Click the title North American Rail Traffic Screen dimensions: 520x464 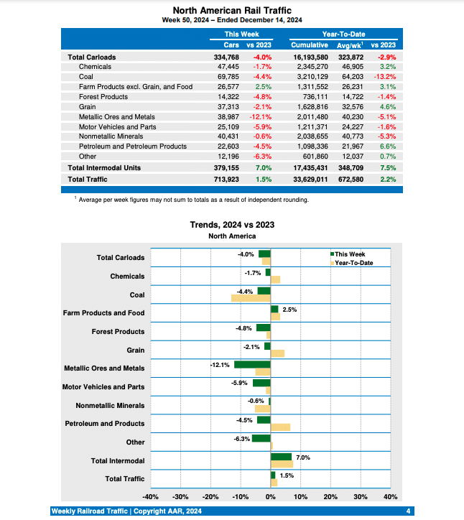coord(232,10)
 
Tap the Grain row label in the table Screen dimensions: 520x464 coord(88,106)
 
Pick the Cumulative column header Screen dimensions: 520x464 coord(310,45)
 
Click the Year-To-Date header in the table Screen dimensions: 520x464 coord(343,34)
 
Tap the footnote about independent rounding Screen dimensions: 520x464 coord(193,200)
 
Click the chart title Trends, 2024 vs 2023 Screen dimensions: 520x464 coord(232,225)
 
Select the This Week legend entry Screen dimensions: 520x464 coord(350,254)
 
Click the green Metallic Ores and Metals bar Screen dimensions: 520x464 coord(252,364)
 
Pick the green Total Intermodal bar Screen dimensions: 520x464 coord(281,456)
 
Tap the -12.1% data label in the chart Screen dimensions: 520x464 coord(220,365)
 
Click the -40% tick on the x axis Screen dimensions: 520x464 coord(150,496)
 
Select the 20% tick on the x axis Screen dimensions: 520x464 coord(330,496)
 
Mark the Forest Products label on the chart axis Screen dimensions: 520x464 coord(118,332)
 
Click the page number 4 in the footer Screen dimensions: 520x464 coord(408,511)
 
